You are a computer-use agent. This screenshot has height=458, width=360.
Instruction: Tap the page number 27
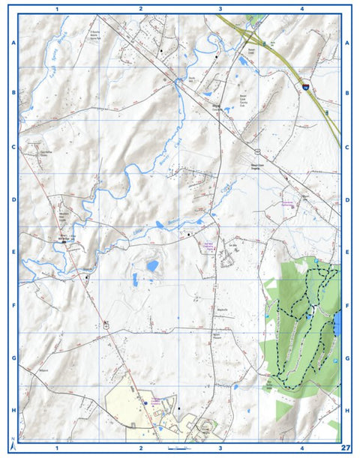345,448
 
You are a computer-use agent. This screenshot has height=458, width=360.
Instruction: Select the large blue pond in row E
152,266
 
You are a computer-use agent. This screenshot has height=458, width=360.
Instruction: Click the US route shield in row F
107,324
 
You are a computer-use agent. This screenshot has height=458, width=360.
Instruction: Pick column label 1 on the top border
58,10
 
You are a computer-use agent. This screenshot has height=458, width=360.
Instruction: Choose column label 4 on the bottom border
301,448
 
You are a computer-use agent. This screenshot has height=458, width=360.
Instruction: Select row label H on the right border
347,411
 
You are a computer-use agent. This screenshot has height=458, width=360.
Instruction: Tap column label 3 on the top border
220,10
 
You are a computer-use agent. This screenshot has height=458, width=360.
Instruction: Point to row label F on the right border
347,306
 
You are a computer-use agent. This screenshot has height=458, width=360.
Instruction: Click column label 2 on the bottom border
140,448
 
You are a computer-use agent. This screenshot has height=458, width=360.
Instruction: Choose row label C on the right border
347,147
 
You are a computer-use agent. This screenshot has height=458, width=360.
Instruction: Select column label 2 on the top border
140,10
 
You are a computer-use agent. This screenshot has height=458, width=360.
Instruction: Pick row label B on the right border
347,94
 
